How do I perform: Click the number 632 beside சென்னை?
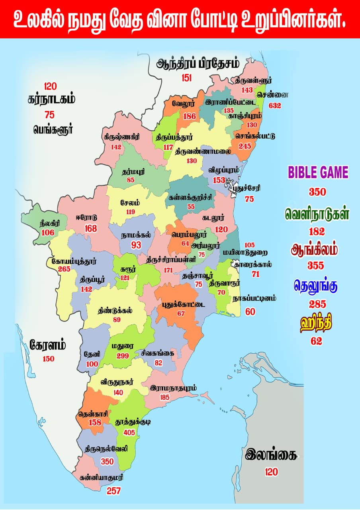pos(275,106)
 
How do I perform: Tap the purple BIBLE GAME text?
pos(318,173)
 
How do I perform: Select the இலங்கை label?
pos(271,455)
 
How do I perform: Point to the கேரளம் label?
pos(48,345)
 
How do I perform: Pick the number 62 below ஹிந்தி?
pos(317,341)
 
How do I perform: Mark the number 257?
pos(113,491)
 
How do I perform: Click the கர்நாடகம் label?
pos(52,99)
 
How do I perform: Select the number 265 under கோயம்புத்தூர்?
pos(64,269)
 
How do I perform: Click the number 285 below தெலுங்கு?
pos(317,304)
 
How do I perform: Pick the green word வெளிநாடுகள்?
pos(317,214)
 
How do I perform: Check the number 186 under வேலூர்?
pos(190,116)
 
